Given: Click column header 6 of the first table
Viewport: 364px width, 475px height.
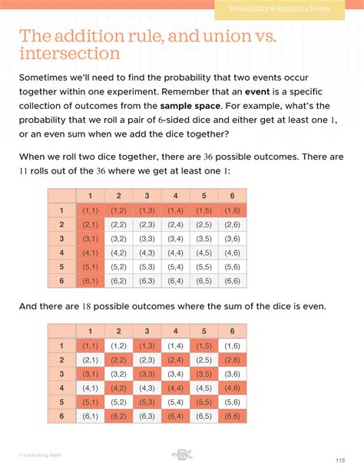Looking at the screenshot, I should click(232, 196).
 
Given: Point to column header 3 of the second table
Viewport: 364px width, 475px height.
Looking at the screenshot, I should click(147, 331).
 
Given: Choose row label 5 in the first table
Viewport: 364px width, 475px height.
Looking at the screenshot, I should click(61, 266).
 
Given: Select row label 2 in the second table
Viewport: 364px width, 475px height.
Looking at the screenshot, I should click(61, 359).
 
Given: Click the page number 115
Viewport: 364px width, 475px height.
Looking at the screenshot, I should click(339, 460).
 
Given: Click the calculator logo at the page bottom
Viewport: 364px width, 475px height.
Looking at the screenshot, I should click(182, 455).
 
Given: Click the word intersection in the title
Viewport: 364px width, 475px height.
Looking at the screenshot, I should click(69, 54).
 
